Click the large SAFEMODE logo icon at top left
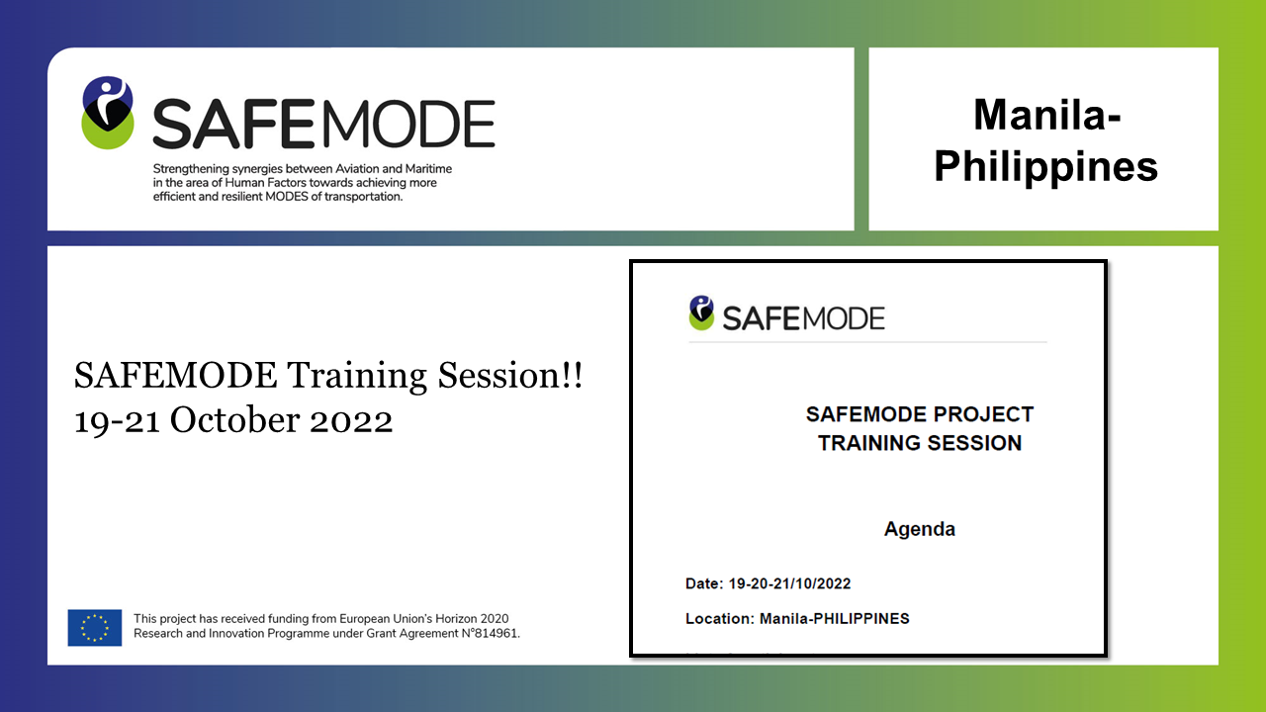pos(108,113)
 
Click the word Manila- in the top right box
pos(1046,115)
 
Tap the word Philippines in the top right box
pos(1046,167)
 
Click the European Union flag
pos(95,627)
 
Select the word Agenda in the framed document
pos(920,529)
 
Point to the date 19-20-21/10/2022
pos(789,583)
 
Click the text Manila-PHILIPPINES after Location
pos(834,619)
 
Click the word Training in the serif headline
pos(357,377)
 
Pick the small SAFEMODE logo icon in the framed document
pos(701,312)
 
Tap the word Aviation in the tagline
pos(358,169)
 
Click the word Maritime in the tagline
pos(428,169)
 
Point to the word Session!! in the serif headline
pos(509,375)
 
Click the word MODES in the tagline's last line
pos(287,197)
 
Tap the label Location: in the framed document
pos(720,619)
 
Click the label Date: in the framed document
pos(704,583)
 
